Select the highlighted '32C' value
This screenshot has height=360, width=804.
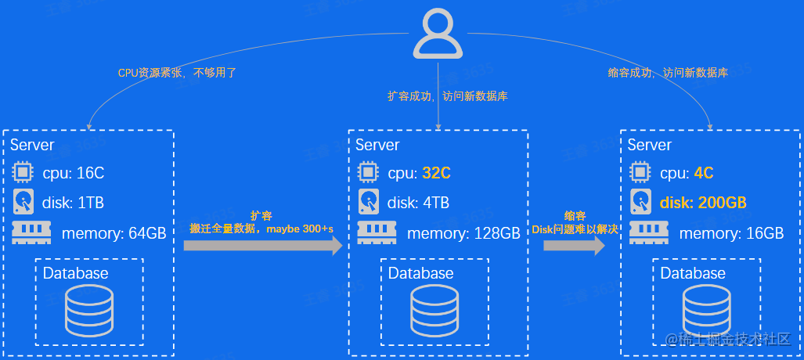(436, 173)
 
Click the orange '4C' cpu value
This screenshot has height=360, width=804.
(703, 173)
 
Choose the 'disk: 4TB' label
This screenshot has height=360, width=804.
(418, 203)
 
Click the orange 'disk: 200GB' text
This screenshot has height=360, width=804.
(702, 203)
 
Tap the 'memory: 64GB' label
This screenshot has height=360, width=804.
(114, 233)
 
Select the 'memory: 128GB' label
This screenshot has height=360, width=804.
(463, 233)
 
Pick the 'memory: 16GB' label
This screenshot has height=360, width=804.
(731, 233)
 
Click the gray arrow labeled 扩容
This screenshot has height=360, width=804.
(263, 245)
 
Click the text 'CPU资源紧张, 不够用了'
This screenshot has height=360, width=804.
(177, 73)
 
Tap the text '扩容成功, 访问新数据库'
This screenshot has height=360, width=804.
(448, 96)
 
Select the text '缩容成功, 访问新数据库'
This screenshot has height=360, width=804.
(668, 73)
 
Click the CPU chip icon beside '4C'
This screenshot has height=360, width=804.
(641, 172)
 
